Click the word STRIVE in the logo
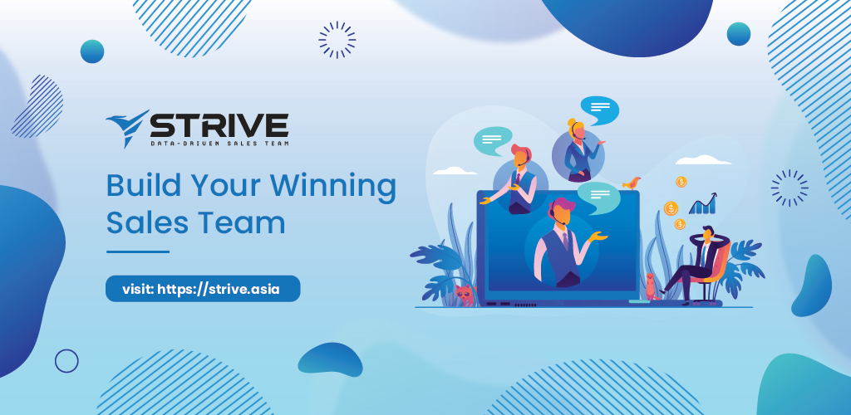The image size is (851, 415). point(219,125)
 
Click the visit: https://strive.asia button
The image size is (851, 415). point(203,289)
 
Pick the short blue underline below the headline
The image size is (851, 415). point(138,252)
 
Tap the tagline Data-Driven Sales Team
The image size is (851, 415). point(219,144)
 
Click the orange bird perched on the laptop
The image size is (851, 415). point(632,183)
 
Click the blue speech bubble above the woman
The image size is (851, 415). point(599,110)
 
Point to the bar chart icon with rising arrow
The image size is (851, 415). point(703,203)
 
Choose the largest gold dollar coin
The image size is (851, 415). point(671,208)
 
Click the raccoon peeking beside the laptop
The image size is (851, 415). point(465,295)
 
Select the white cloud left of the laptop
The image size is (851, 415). point(455,171)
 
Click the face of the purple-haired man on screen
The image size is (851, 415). point(563,216)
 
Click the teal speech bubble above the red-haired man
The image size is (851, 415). point(492,140)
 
